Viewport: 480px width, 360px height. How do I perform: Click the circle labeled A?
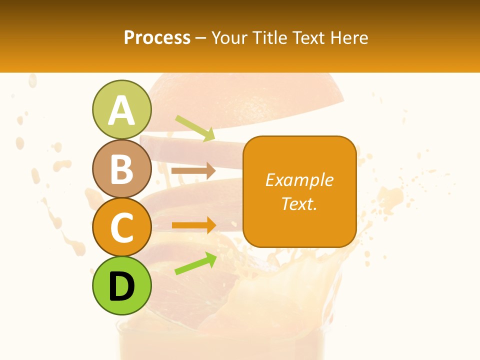(x=121, y=109)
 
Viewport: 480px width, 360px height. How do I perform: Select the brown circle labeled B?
(x=121, y=168)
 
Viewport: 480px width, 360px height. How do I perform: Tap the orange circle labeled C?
(x=121, y=227)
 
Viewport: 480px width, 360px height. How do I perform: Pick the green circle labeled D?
(x=121, y=285)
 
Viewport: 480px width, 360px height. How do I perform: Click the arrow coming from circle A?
(x=195, y=128)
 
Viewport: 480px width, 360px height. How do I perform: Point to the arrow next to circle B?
(x=193, y=170)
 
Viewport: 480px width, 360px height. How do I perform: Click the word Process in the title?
(x=157, y=37)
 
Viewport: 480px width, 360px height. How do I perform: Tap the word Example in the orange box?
(x=299, y=180)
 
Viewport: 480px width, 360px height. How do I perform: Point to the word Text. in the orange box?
(x=299, y=203)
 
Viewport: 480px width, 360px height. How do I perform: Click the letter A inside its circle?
(x=121, y=110)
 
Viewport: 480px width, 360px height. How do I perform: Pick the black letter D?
(x=121, y=286)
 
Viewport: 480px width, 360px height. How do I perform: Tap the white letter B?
(x=121, y=169)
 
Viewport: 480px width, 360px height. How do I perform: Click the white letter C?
(x=121, y=227)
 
